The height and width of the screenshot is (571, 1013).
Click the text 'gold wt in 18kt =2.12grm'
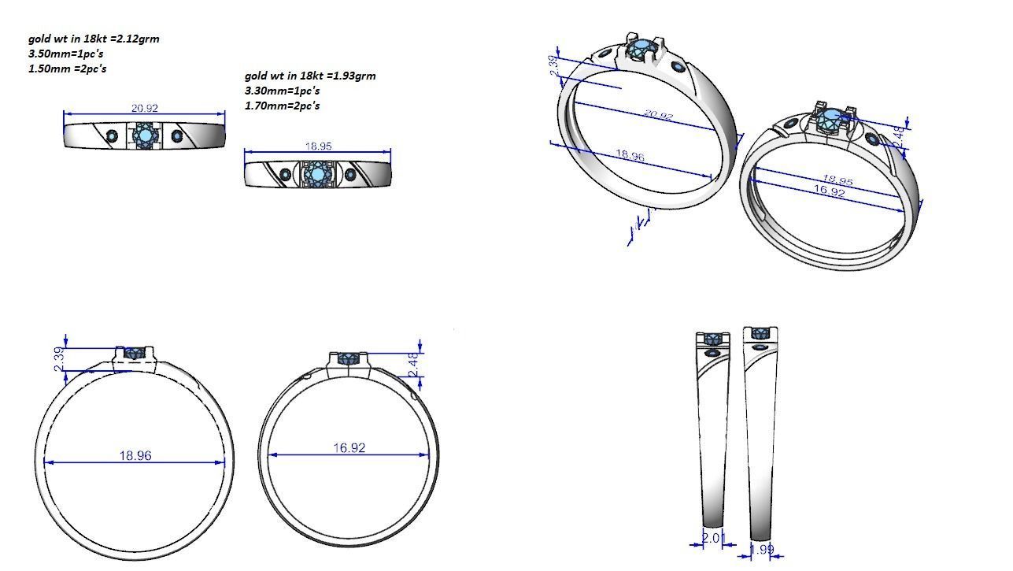94,39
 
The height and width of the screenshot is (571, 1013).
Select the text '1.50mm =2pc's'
67,69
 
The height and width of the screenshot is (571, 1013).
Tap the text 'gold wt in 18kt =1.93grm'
310,76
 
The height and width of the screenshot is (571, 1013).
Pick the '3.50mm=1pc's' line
65,54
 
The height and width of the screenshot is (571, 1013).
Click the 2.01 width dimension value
711,538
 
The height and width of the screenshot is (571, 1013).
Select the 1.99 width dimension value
761,550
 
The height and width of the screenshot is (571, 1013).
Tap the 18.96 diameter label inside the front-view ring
135,455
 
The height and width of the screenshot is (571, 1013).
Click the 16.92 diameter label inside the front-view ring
349,447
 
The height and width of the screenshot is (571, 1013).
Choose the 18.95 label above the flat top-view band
318,146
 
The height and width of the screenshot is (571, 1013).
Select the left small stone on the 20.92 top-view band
112,136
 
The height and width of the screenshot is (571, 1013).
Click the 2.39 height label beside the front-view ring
57,361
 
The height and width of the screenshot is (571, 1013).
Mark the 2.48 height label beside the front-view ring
414,364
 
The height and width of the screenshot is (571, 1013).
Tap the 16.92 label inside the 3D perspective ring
829,191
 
